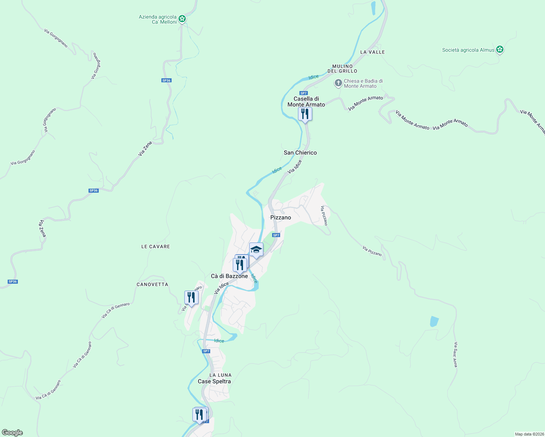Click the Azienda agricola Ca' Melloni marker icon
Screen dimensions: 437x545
click(182, 19)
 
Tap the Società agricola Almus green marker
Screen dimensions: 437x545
click(500, 49)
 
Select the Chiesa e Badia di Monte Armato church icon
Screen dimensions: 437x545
click(338, 83)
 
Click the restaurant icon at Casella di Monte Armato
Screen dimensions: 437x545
click(305, 114)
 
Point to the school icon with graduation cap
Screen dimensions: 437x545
click(256, 249)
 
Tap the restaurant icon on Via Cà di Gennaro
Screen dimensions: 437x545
click(191, 298)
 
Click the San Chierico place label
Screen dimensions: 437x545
click(300, 153)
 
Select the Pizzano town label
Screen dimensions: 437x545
click(281, 217)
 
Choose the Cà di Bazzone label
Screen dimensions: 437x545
click(229, 276)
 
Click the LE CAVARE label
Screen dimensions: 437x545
click(156, 247)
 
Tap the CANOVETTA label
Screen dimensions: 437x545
click(152, 284)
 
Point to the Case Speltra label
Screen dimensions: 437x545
click(214, 381)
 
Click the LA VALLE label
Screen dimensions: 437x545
click(372, 52)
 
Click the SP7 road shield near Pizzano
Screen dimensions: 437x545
click(276, 235)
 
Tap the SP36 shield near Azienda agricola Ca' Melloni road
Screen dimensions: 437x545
click(166, 80)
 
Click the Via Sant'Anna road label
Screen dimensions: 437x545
click(455, 354)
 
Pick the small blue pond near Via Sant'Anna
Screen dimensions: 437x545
click(434, 322)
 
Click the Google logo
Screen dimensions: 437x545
click(12, 433)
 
